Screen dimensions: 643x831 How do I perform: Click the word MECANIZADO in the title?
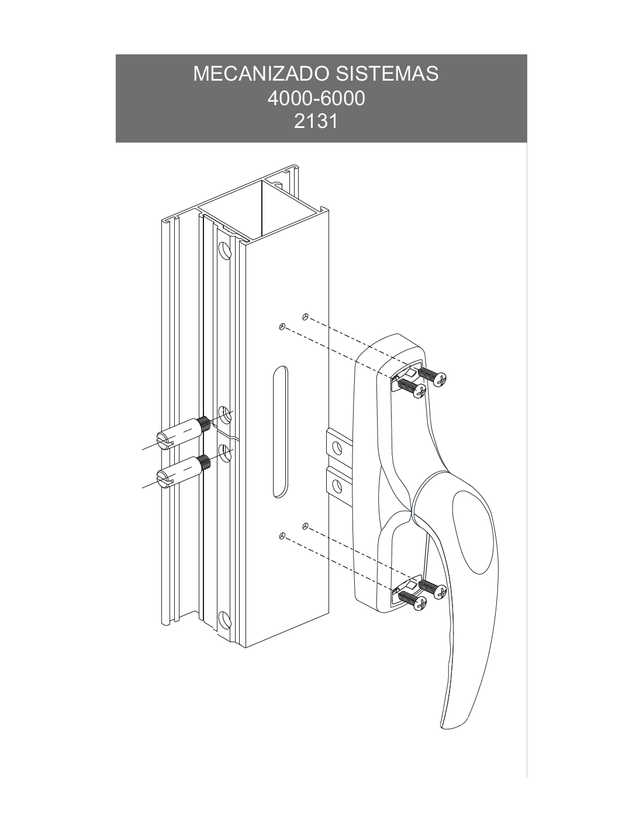coord(262,74)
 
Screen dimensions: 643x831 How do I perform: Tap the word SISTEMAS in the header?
coord(387,74)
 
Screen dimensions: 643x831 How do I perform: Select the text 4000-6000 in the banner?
coord(316,99)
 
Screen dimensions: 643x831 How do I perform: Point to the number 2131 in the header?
coord(316,122)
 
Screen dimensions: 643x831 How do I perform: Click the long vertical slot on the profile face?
coord(281,432)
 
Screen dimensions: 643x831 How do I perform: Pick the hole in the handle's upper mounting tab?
coord(337,447)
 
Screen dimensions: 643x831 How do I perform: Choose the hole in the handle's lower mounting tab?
coord(337,486)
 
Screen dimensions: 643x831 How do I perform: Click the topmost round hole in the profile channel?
coord(225,251)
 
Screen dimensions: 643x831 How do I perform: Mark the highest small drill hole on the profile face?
coord(305,316)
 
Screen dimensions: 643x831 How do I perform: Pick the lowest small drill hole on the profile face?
coord(282,536)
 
